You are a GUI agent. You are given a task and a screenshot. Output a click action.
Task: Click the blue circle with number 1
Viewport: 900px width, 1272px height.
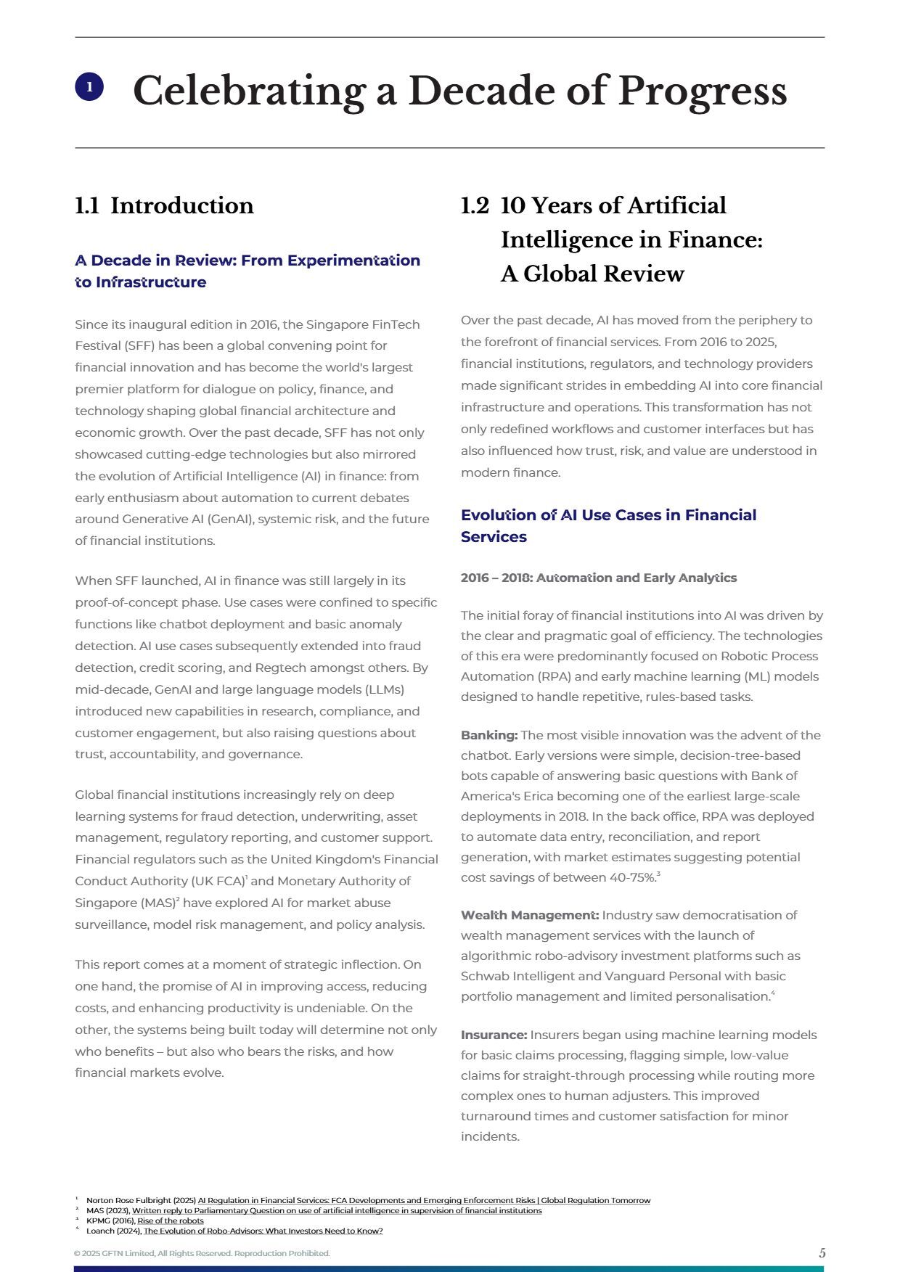click(89, 87)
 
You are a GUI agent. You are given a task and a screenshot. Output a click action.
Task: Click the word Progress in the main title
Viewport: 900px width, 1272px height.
click(702, 91)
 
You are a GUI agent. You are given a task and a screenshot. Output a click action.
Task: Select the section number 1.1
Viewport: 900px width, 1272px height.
click(87, 205)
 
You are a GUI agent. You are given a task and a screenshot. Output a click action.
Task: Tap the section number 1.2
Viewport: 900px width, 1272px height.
click(475, 205)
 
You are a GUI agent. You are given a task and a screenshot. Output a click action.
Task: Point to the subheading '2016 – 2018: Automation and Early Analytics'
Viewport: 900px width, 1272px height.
click(598, 578)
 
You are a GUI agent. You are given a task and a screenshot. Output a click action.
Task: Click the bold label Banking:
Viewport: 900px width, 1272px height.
click(488, 735)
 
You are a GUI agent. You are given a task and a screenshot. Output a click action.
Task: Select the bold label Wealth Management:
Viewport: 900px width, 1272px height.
click(529, 915)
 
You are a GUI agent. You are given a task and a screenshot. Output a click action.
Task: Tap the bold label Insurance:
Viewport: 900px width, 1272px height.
click(494, 1035)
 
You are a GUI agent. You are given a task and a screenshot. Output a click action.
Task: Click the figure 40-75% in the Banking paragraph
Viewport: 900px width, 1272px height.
click(633, 877)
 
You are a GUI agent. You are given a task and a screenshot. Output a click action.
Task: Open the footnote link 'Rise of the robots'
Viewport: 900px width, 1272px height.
click(171, 1220)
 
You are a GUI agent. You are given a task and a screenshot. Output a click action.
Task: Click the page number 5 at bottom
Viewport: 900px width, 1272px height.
click(822, 1253)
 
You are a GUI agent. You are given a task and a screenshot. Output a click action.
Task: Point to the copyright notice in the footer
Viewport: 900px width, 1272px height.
click(202, 1253)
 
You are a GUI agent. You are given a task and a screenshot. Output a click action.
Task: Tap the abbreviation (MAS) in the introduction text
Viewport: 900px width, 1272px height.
click(159, 903)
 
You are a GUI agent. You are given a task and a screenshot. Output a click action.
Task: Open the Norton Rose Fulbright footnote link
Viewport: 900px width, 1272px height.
click(424, 1200)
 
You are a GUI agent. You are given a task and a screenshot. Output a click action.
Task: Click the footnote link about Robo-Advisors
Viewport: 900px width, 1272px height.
click(263, 1231)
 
